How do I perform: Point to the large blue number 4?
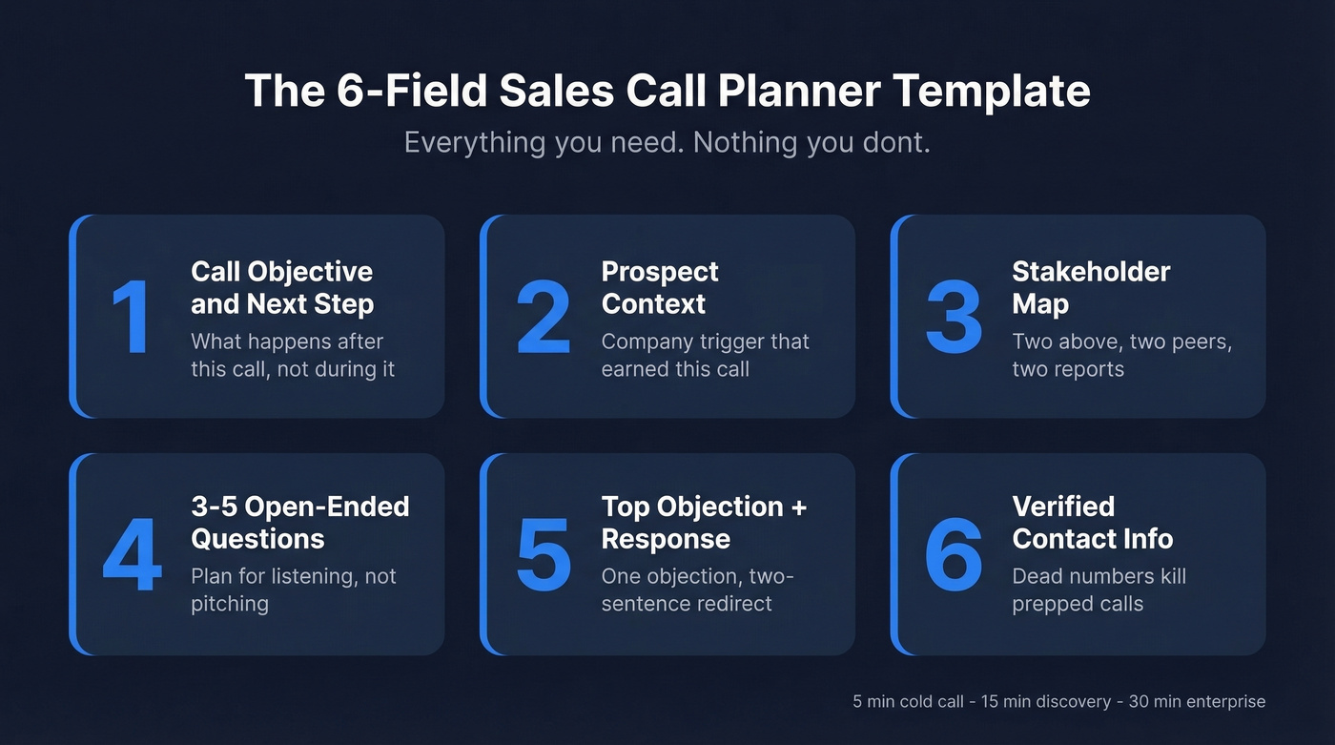(132, 554)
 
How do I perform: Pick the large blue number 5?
(543, 554)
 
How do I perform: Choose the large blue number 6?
(953, 554)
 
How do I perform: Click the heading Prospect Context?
(659, 287)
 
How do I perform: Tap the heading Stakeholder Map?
(1090, 287)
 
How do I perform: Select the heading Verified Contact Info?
(1092, 522)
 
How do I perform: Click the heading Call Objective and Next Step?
(281, 287)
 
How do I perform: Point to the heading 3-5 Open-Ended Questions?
(299, 522)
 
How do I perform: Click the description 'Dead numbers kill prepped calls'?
(1099, 590)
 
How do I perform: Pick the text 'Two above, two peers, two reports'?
(1121, 355)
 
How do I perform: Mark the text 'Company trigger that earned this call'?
(705, 355)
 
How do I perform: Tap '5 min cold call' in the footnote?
(908, 702)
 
